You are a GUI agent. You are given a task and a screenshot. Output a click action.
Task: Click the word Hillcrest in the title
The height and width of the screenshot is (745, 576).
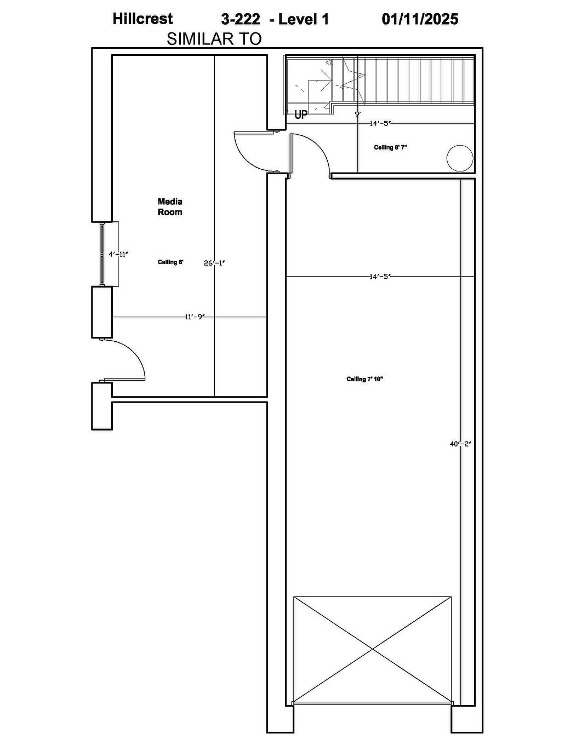click(x=142, y=19)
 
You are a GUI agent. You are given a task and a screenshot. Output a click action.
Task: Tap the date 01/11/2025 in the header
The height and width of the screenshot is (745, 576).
click(x=420, y=19)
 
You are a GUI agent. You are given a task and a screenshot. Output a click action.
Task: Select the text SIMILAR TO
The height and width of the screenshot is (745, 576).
click(x=214, y=39)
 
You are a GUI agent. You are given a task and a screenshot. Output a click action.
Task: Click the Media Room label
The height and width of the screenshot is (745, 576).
click(x=170, y=207)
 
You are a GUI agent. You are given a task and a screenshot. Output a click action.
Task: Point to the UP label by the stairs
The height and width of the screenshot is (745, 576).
click(x=301, y=115)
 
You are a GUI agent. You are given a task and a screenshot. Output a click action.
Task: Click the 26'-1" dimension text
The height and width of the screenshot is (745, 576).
click(x=214, y=263)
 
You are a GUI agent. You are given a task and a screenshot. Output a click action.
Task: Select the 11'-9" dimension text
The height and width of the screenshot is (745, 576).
click(x=195, y=317)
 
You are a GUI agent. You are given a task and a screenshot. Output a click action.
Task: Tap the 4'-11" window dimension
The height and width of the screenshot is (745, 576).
click(x=118, y=254)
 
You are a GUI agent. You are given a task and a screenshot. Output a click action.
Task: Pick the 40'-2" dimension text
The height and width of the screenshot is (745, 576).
click(x=461, y=444)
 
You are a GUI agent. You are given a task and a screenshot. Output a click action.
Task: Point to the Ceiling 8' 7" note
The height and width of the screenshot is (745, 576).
click(x=391, y=147)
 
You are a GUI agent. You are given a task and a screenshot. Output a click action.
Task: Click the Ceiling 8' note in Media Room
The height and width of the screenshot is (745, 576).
click(x=170, y=262)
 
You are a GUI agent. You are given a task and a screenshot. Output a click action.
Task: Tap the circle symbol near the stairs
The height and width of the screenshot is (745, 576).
click(x=460, y=158)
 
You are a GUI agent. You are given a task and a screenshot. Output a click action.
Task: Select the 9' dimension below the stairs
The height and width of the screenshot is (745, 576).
click(x=357, y=114)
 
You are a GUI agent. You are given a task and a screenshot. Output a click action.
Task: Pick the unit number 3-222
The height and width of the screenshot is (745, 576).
click(x=241, y=19)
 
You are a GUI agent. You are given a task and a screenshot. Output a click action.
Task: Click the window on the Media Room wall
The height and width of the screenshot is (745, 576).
click(x=102, y=254)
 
